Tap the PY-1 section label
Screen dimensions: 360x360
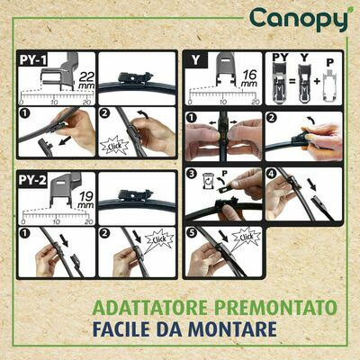[33, 60]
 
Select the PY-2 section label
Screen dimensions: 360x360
[33, 181]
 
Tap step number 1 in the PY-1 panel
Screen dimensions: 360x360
[25, 114]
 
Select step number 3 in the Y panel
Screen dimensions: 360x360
[192, 172]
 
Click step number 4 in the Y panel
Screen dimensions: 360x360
[272, 172]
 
